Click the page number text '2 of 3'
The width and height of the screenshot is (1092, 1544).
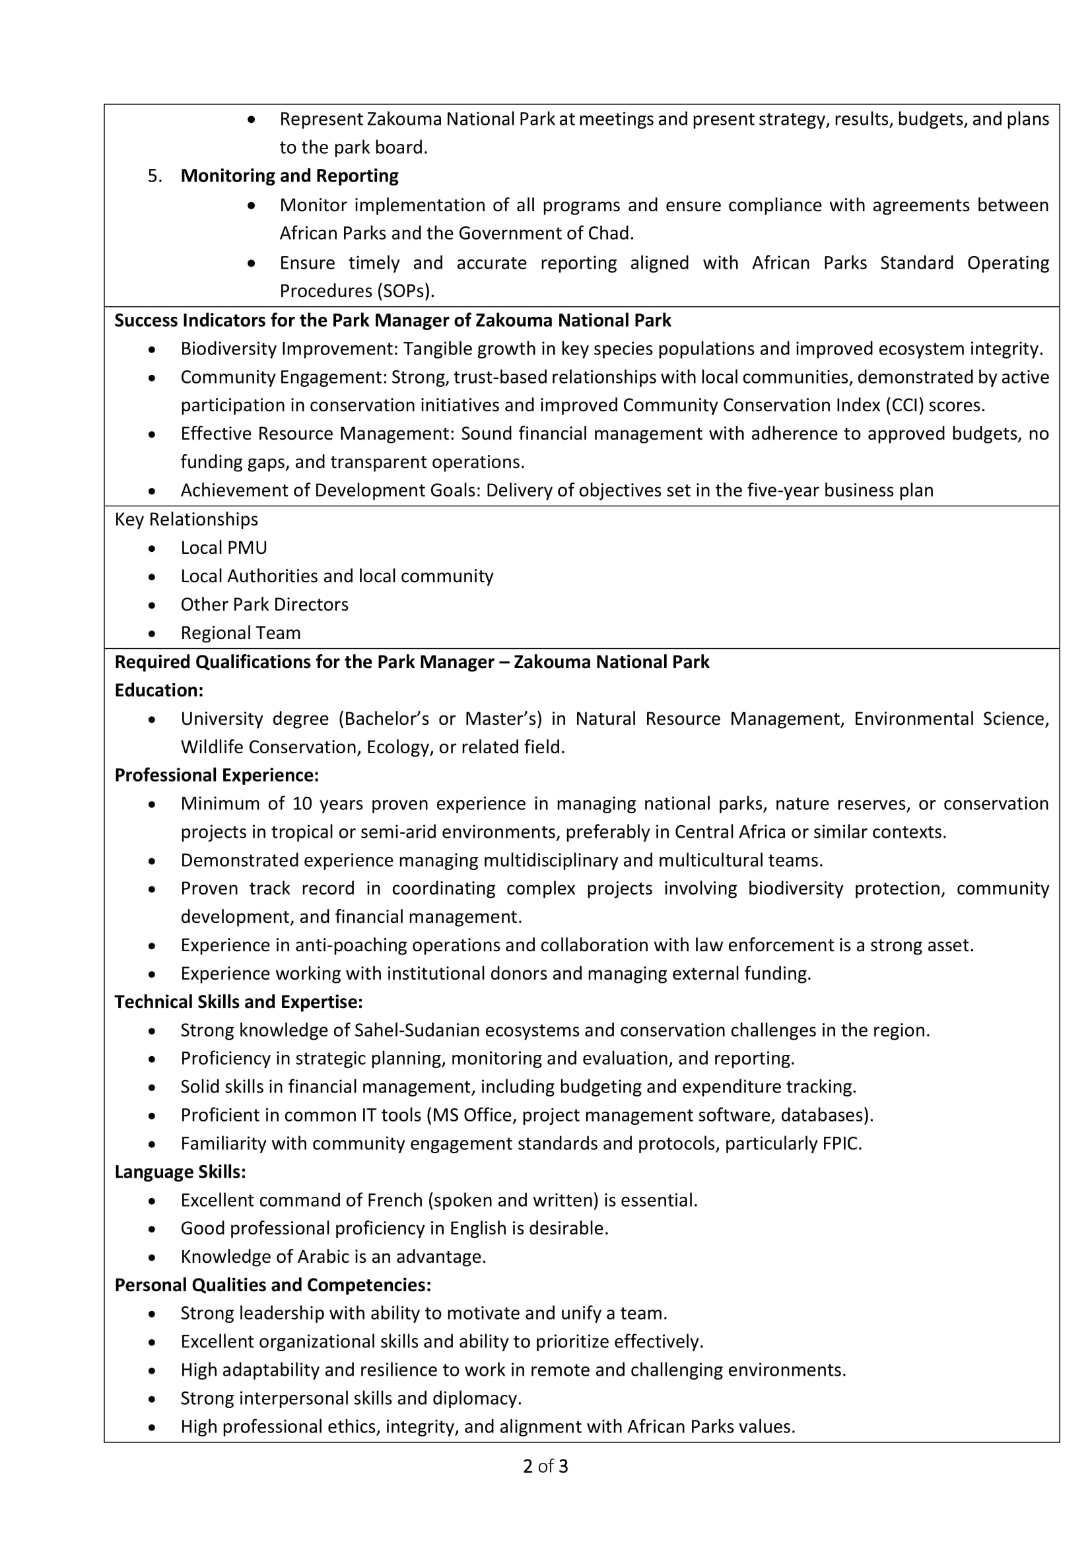pyautogui.click(x=545, y=1466)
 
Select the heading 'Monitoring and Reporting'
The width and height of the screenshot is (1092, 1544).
pyautogui.click(x=289, y=176)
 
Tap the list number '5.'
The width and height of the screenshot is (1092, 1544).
pyautogui.click(x=154, y=176)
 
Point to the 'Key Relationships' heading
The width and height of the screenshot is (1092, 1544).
pyautogui.click(x=186, y=519)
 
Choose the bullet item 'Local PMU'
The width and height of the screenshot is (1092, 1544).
pyautogui.click(x=223, y=548)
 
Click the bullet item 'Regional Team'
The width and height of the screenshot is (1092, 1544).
pyautogui.click(x=240, y=633)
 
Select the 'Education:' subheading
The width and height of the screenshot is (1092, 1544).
pyautogui.click(x=158, y=690)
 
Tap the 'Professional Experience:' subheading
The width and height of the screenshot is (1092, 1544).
pyautogui.click(x=217, y=776)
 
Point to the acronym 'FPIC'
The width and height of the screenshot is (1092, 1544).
pyautogui.click(x=840, y=1144)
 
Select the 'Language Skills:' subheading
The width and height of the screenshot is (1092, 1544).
pyautogui.click(x=180, y=1172)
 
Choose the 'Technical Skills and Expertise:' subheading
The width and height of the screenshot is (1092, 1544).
pyautogui.click(x=239, y=1002)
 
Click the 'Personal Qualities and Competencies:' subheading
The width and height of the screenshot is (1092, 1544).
pyautogui.click(x=272, y=1285)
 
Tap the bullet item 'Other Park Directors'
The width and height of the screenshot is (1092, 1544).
pyautogui.click(x=264, y=605)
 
